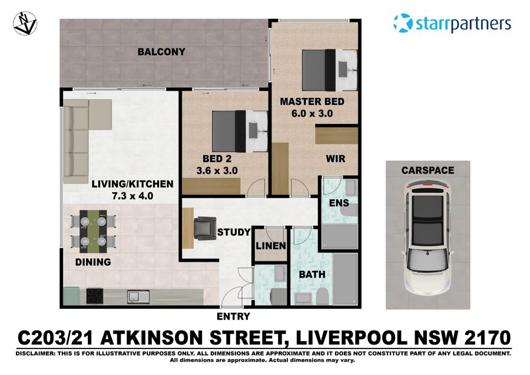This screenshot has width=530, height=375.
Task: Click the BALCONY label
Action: pyautogui.click(x=161, y=52)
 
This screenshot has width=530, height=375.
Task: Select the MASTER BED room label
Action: pyautogui.click(x=312, y=101)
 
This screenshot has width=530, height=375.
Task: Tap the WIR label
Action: pyautogui.click(x=336, y=159)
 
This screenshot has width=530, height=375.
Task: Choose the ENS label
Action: pyautogui.click(x=340, y=203)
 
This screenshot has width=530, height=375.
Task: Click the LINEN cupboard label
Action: pyautogui.click(x=271, y=246)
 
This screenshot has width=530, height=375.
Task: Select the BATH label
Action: pyautogui.click(x=312, y=275)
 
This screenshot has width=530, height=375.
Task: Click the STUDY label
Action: pyautogui.click(x=234, y=232)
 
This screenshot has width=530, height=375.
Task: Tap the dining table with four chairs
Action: pyautogui.click(x=92, y=231)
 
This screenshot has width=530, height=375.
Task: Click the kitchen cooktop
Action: pyautogui.click(x=95, y=295)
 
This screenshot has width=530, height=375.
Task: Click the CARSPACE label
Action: pyautogui.click(x=428, y=170)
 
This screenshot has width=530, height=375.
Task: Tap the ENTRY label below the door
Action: pyautogui.click(x=234, y=317)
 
